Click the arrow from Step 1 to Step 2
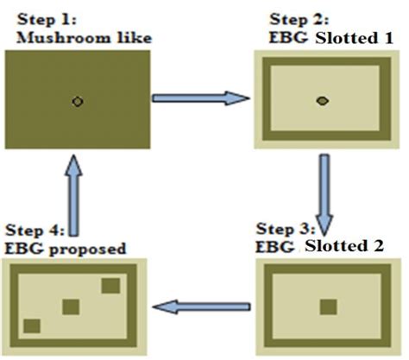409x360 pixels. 197,98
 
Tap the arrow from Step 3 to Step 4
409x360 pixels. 202,305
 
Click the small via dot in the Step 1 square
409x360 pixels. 78,101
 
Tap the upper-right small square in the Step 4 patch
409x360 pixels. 110,286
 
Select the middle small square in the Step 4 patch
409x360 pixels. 71,306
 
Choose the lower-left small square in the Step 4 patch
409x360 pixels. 32,325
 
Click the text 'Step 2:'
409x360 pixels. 295,19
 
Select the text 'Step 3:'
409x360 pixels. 283,229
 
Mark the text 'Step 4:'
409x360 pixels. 31,231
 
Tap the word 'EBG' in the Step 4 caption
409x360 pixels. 23,249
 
